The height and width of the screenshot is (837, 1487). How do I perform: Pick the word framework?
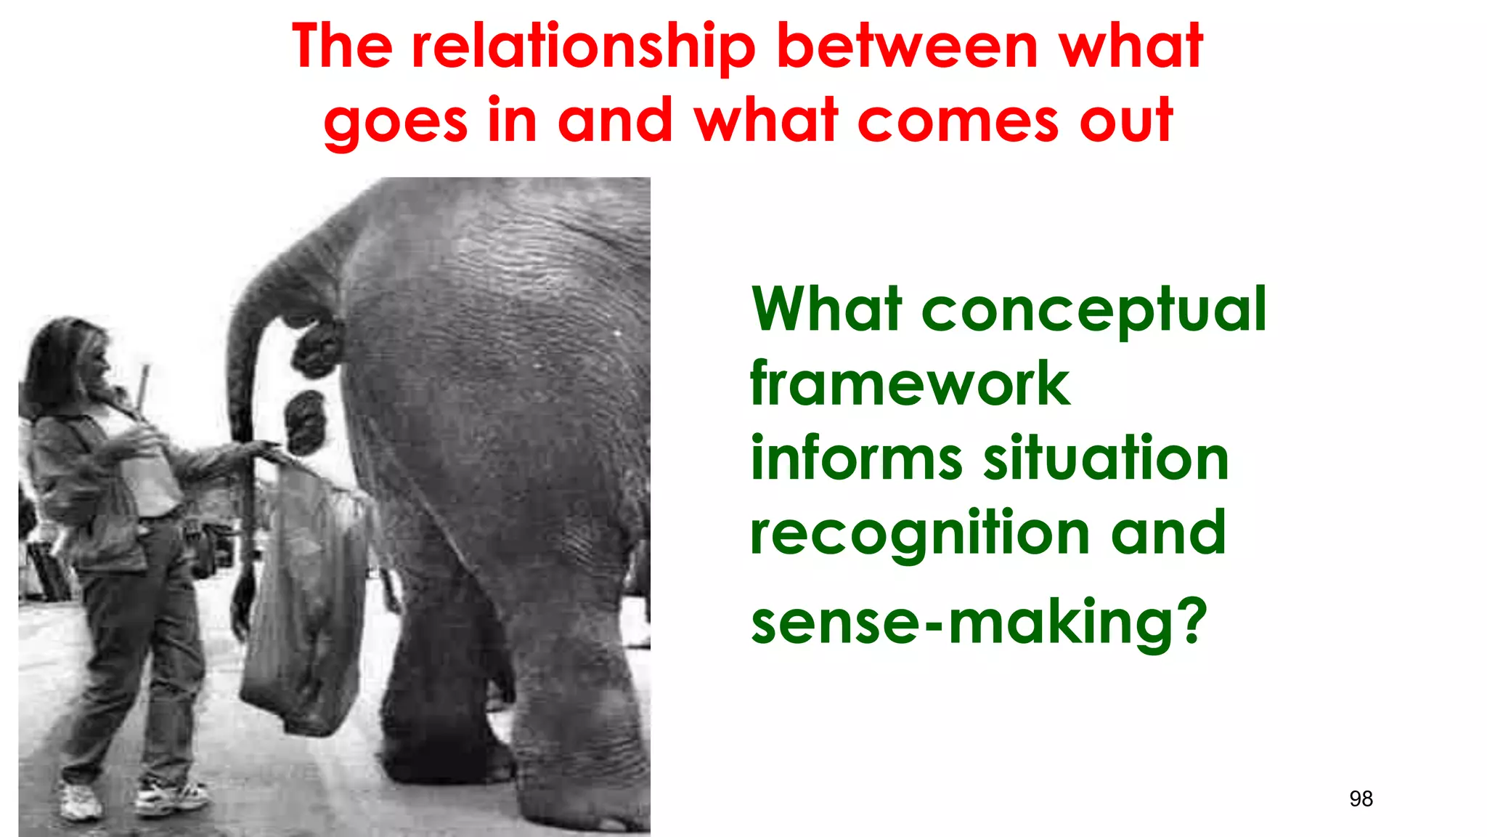910,384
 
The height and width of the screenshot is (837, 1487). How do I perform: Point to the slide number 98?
1361,799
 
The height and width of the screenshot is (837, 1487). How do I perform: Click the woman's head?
69,363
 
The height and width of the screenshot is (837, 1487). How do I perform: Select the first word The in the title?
342,46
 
